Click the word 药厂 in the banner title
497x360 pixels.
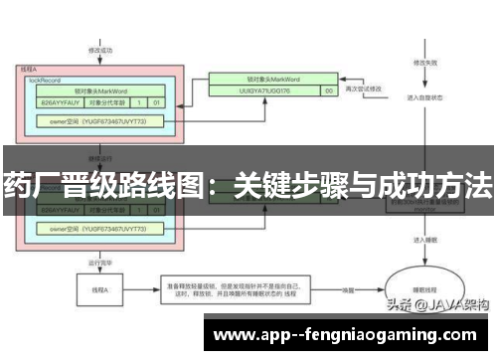[x=31, y=185]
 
